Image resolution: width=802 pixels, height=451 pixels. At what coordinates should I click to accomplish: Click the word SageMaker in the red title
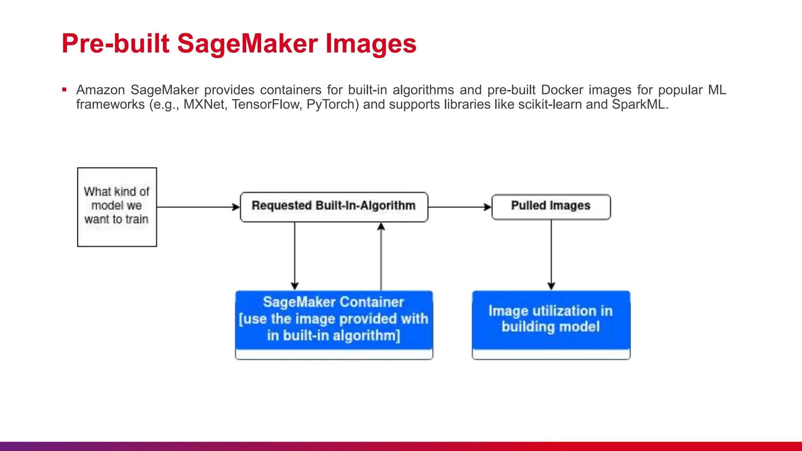click(x=247, y=43)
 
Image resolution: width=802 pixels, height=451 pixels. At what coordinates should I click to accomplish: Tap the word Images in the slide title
click(x=371, y=43)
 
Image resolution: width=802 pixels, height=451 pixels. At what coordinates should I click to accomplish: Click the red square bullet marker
click(x=64, y=90)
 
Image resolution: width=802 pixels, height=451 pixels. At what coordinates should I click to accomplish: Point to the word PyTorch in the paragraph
click(x=331, y=105)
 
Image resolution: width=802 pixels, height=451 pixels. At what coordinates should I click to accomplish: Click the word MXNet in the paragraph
click(x=204, y=105)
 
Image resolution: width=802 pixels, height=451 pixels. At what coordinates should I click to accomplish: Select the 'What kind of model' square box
click(x=117, y=207)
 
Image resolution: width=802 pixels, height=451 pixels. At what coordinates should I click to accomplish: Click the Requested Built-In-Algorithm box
click(x=334, y=207)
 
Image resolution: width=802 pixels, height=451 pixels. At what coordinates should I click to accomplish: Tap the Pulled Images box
click(x=551, y=207)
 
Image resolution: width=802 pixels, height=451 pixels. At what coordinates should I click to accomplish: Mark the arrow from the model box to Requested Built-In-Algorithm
click(x=198, y=207)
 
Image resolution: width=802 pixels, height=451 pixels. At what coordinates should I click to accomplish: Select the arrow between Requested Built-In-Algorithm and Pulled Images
click(x=459, y=207)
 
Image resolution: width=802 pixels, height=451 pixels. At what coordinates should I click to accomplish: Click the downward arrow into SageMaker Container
click(x=295, y=256)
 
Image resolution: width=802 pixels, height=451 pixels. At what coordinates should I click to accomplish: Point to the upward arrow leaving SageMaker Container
click(x=381, y=256)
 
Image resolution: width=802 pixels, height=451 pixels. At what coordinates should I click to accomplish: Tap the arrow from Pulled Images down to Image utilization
click(x=551, y=254)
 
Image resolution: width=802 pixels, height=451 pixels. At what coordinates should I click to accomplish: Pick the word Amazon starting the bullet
click(x=100, y=90)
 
